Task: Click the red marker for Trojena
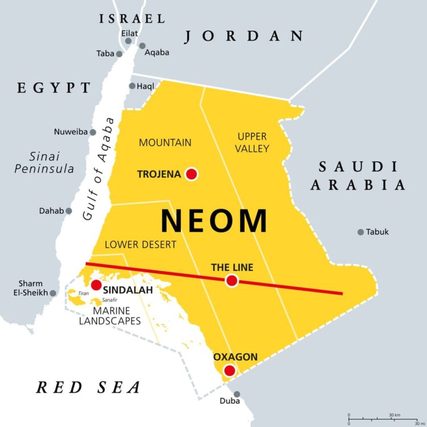pyautogui.click(x=191, y=174)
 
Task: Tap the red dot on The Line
pyautogui.click(x=231, y=280)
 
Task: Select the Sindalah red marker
pyautogui.click(x=96, y=285)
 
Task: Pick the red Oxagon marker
pyautogui.click(x=229, y=371)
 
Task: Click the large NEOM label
pyautogui.click(x=214, y=221)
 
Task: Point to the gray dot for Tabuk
pyautogui.click(x=360, y=232)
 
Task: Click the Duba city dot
pyautogui.click(x=237, y=394)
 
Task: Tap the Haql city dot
pyautogui.click(x=132, y=86)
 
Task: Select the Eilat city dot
pyautogui.click(x=129, y=41)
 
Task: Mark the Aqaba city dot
pyautogui.click(x=142, y=46)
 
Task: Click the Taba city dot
pyautogui.click(x=119, y=54)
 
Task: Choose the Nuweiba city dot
pyautogui.click(x=93, y=132)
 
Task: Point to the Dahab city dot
pyautogui.click(x=69, y=211)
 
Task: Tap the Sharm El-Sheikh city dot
pyautogui.click(x=53, y=293)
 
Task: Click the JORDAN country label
pyautogui.click(x=244, y=36)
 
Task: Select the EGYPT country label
pyautogui.click(x=54, y=88)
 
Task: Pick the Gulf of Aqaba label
pyautogui.click(x=98, y=169)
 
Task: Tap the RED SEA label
pyautogui.click(x=88, y=388)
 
